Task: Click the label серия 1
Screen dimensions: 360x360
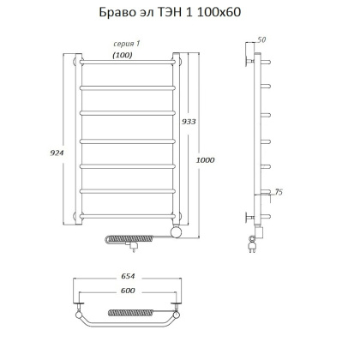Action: [x=126, y=44]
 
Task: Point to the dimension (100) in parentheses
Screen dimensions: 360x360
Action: [x=123, y=55]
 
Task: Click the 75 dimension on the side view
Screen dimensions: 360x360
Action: [x=277, y=191]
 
